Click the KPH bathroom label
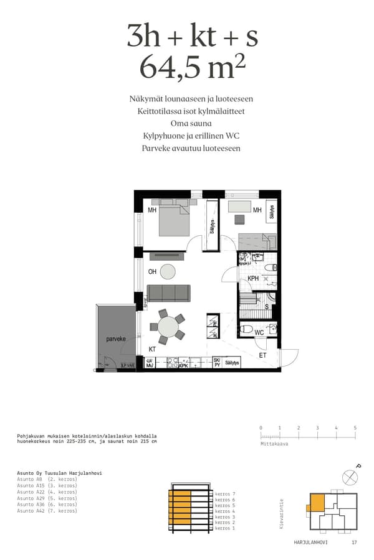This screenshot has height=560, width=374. (x=253, y=279)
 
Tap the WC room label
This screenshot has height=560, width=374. (x=259, y=333)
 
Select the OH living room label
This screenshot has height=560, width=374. (x=152, y=272)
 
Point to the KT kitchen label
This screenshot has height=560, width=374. (x=152, y=350)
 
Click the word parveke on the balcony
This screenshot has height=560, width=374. (x=116, y=340)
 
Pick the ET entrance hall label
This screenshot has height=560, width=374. (x=262, y=355)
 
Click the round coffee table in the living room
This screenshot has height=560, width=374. (x=168, y=271)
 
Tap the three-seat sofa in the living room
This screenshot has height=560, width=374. (x=168, y=293)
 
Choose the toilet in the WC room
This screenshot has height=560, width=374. (x=247, y=330)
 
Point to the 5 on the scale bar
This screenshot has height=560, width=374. (x=355, y=428)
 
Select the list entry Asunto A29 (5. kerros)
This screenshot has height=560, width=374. (x=47, y=498)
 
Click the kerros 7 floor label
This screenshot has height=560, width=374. (x=224, y=493)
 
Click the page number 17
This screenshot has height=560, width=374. (x=354, y=543)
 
